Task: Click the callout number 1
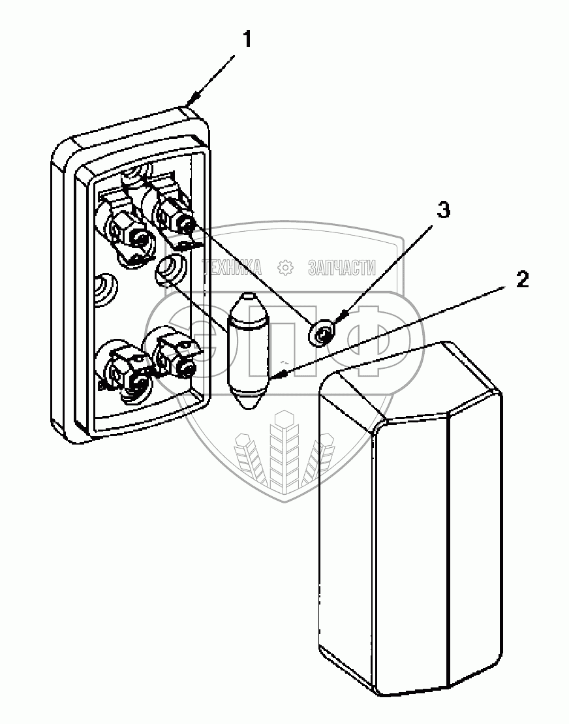point(247,39)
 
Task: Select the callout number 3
point(442,211)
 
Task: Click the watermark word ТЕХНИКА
point(232,267)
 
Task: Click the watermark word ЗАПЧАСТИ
point(341,267)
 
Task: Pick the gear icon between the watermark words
point(284,267)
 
